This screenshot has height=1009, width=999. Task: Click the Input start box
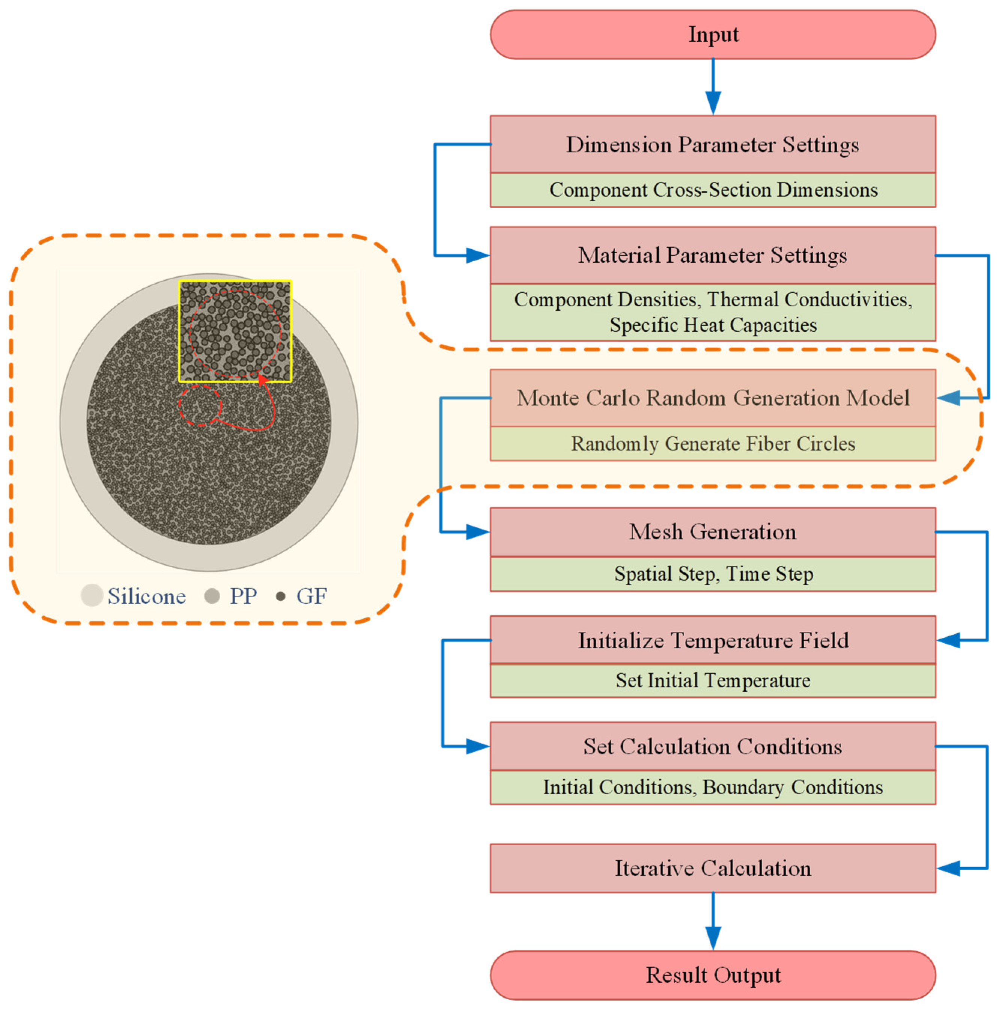(x=712, y=35)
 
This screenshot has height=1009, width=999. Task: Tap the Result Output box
(x=712, y=974)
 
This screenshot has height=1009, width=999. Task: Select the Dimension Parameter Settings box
(x=712, y=144)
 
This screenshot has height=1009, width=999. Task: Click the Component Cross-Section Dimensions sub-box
(x=712, y=190)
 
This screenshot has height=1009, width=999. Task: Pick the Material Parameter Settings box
(x=712, y=255)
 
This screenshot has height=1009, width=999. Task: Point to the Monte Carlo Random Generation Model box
(x=712, y=398)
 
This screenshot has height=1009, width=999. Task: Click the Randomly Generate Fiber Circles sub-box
(x=712, y=443)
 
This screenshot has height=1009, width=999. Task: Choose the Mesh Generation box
(x=712, y=532)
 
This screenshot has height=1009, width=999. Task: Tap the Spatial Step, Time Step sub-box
(x=712, y=574)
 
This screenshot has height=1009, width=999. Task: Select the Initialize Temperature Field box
(x=712, y=640)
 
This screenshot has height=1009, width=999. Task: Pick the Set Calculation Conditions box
(x=712, y=746)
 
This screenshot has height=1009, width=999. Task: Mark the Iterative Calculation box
(x=712, y=868)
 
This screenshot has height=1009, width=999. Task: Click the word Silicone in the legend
(x=146, y=596)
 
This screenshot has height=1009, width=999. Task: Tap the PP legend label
(x=243, y=596)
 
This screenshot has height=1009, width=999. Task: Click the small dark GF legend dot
(x=280, y=596)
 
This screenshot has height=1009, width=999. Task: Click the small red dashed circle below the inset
(x=200, y=406)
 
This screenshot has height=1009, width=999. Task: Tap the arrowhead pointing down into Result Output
(x=713, y=938)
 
